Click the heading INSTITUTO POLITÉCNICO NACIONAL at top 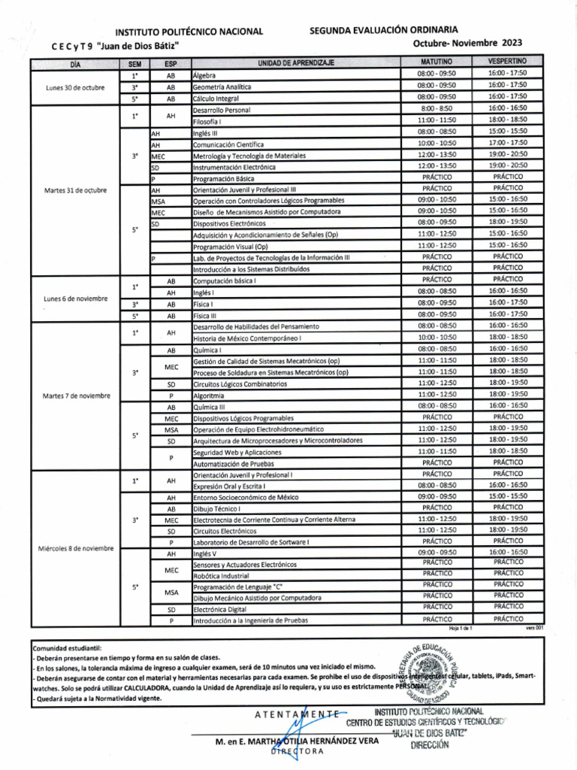click(188, 32)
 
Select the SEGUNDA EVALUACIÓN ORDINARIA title click(383, 29)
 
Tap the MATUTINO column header click(437, 61)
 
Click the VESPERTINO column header click(507, 61)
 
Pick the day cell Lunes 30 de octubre click(75, 87)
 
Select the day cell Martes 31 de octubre click(75, 189)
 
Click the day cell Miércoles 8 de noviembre click(75, 547)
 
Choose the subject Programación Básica click(224, 179)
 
